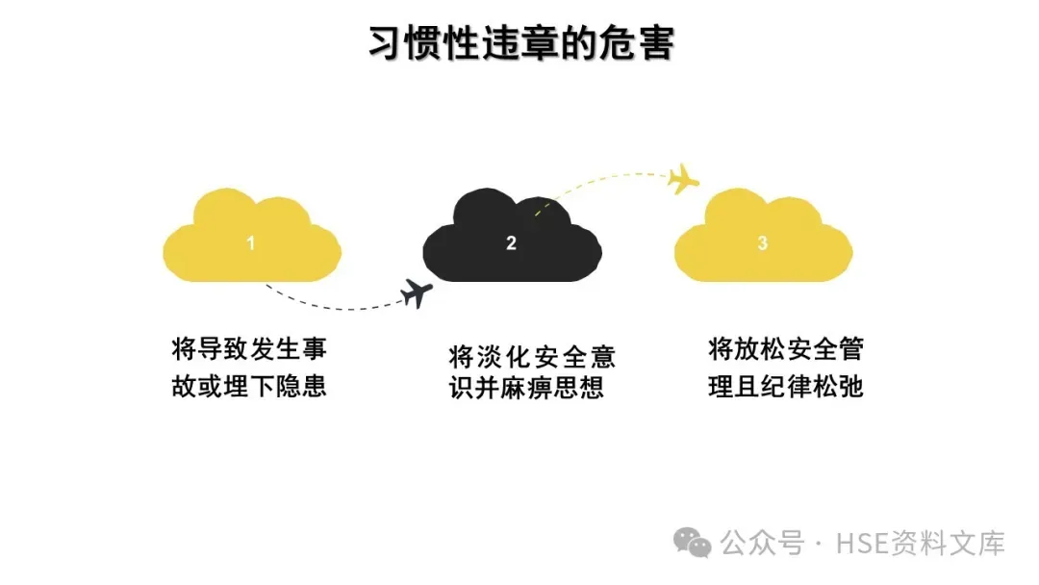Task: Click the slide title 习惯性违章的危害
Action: coord(520,44)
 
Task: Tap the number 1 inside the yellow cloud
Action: coord(251,243)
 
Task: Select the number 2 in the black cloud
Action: coord(511,243)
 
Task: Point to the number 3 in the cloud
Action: coord(763,243)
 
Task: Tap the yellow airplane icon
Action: coord(684,178)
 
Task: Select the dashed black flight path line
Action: coord(327,307)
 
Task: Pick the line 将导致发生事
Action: coord(249,348)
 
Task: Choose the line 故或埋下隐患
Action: coord(249,386)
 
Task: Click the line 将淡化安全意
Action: coord(532,358)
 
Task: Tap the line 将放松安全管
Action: coord(786,348)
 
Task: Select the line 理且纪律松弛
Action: coord(786,386)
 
